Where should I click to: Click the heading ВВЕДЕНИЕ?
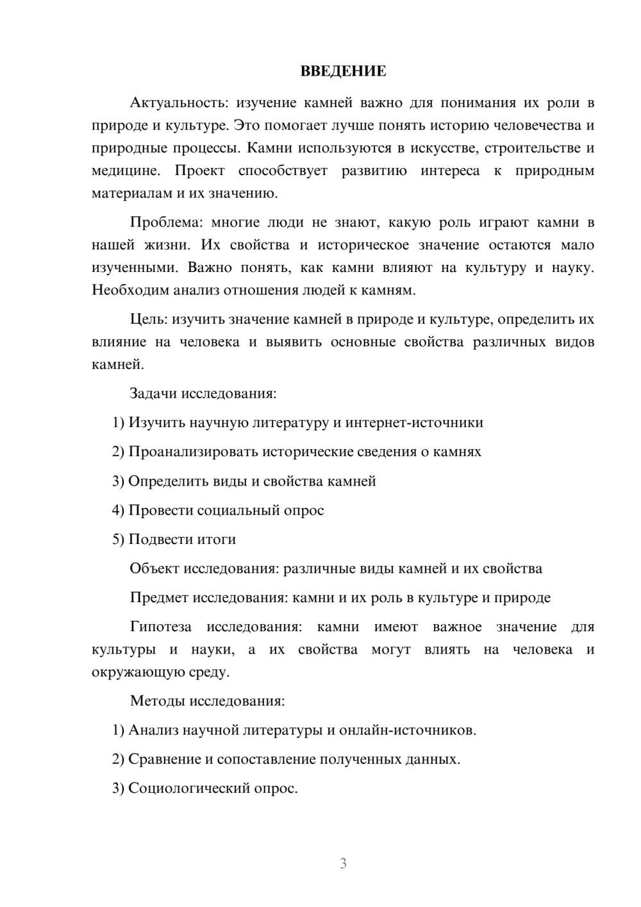[343, 71]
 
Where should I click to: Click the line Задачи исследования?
[203, 393]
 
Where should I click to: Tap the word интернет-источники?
[414, 422]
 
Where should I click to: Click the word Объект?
[154, 569]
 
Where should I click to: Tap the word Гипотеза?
[160, 627]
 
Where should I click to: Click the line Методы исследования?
[207, 700]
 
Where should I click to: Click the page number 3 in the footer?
[343, 864]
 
